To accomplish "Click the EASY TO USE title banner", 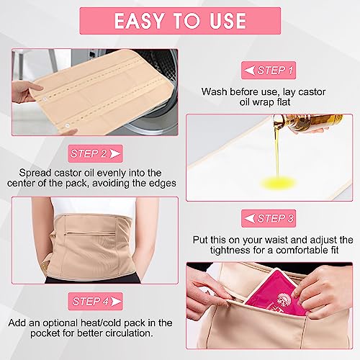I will point(180,19).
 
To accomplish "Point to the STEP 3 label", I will point(271,217).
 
